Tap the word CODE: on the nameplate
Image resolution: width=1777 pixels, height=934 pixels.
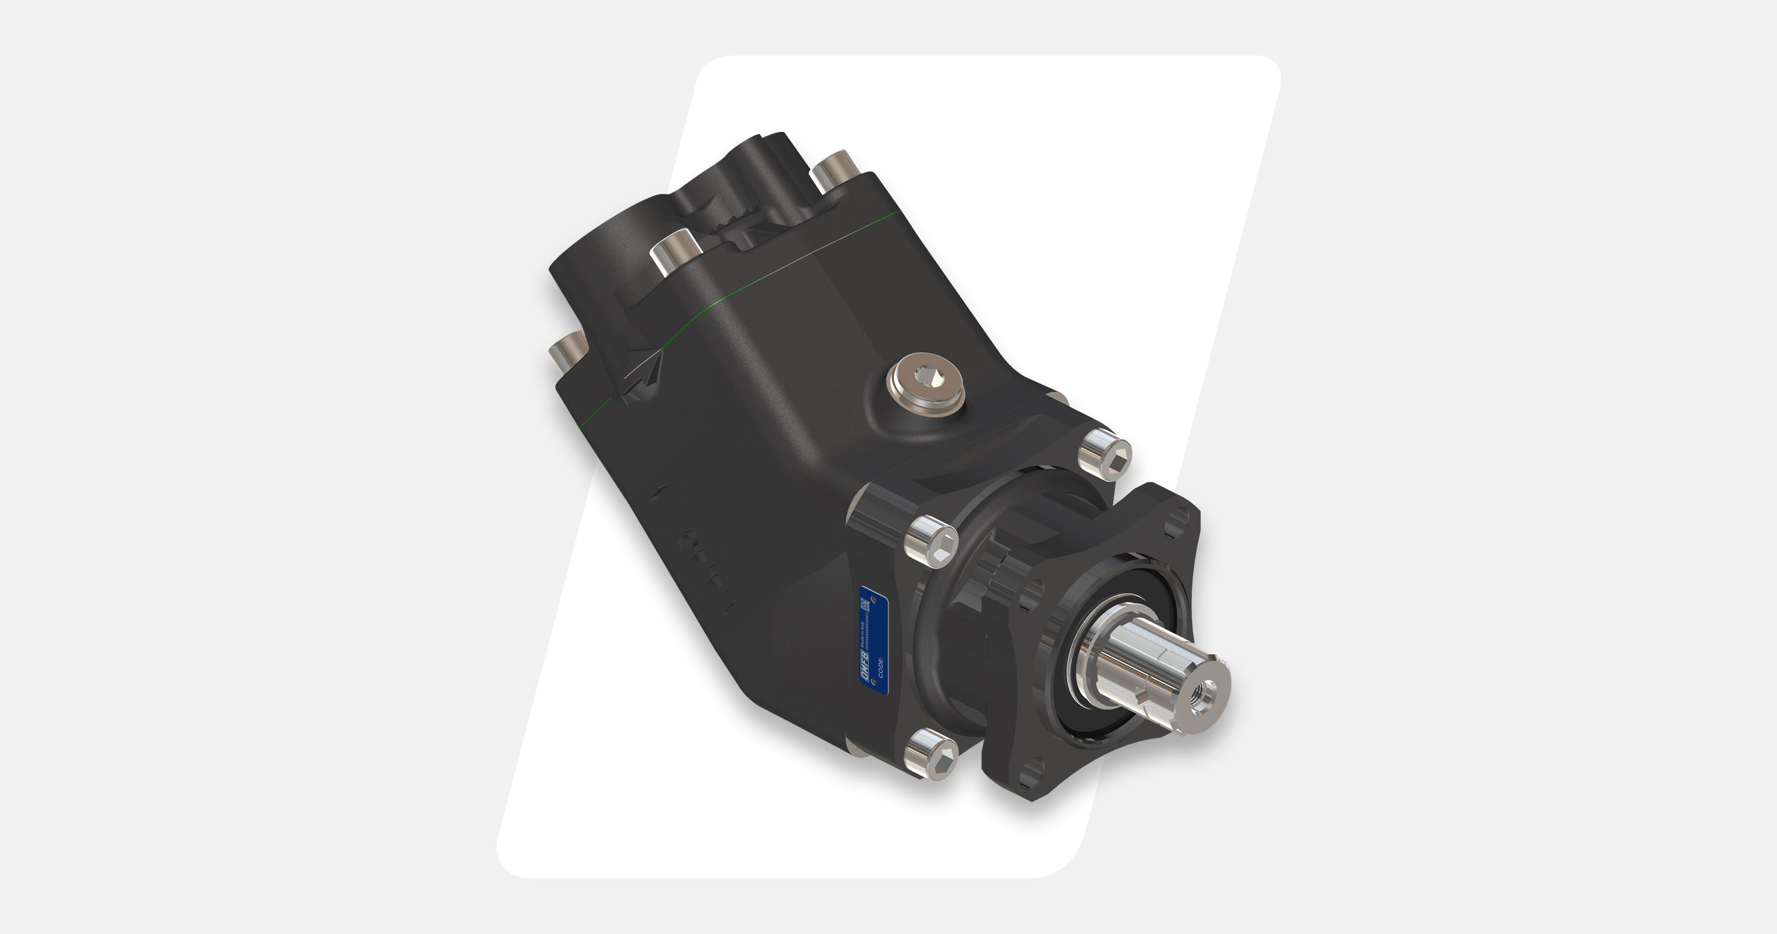click(881, 667)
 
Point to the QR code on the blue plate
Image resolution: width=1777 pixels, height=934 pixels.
click(865, 604)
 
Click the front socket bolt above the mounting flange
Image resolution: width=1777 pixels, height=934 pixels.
click(1105, 455)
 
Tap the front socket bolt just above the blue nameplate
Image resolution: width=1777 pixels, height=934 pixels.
click(932, 537)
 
